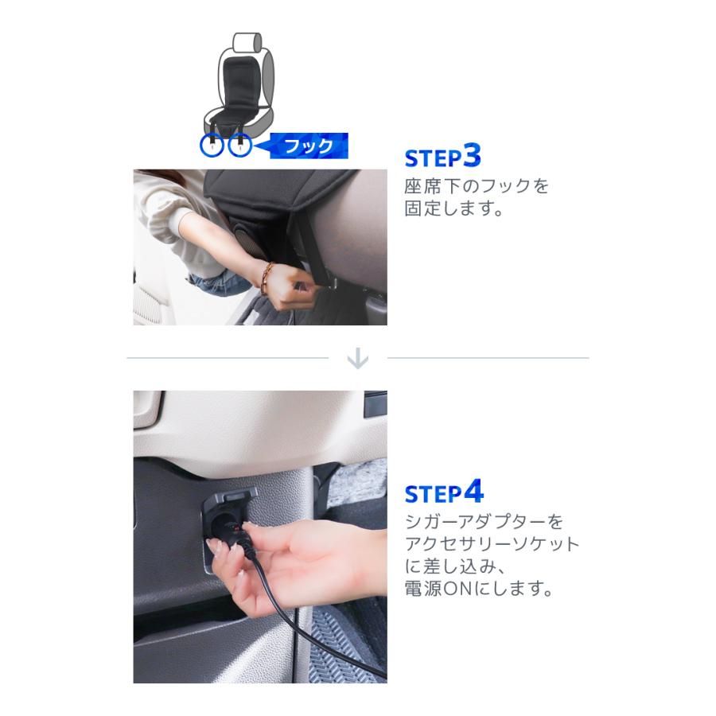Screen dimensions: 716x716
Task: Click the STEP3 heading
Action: click(443, 156)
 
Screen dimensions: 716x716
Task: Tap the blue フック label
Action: click(309, 146)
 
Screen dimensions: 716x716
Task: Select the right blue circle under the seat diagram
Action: click(240, 146)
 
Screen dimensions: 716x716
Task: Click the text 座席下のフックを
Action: click(477, 188)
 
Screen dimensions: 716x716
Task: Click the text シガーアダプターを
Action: click(484, 523)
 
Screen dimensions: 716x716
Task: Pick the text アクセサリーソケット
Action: click(492, 546)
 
